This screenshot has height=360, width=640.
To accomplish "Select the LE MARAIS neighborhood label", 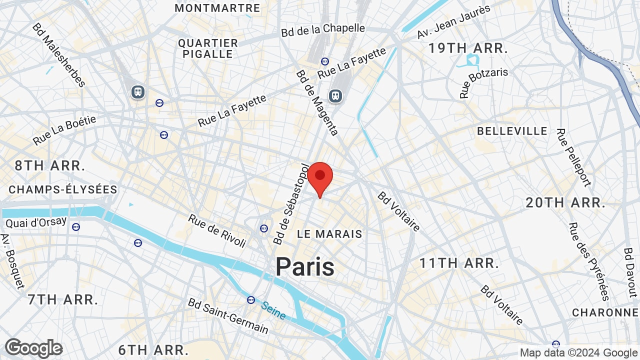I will pyautogui.click(x=329, y=234).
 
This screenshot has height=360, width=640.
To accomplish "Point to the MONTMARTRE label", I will pyautogui.click(x=217, y=8).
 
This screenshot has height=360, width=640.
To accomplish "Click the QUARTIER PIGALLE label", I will pyautogui.click(x=208, y=48).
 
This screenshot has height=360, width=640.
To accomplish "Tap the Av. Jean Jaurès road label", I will pyautogui.click(x=454, y=22).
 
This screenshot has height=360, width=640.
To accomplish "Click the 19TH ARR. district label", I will pyautogui.click(x=468, y=49).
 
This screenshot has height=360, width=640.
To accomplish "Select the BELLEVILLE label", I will pyautogui.click(x=512, y=131).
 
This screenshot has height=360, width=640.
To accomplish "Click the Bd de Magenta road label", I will pyautogui.click(x=317, y=102).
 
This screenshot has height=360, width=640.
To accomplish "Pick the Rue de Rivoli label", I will pyautogui.click(x=217, y=231).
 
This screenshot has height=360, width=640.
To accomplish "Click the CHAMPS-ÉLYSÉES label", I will pyautogui.click(x=63, y=190).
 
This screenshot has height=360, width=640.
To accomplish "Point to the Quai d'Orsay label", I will pyautogui.click(x=36, y=222).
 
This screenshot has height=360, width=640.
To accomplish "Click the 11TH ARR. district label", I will pyautogui.click(x=459, y=263).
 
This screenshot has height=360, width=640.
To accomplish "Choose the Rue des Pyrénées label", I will pyautogui.click(x=589, y=261).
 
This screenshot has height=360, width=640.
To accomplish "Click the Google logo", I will pyautogui.click(x=34, y=348).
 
